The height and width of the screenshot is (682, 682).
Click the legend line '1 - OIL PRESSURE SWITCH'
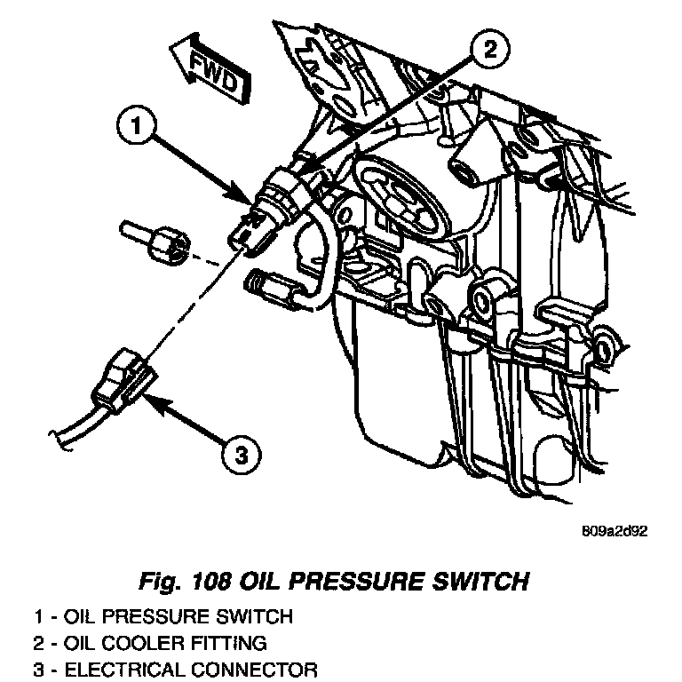pos(162,615)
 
